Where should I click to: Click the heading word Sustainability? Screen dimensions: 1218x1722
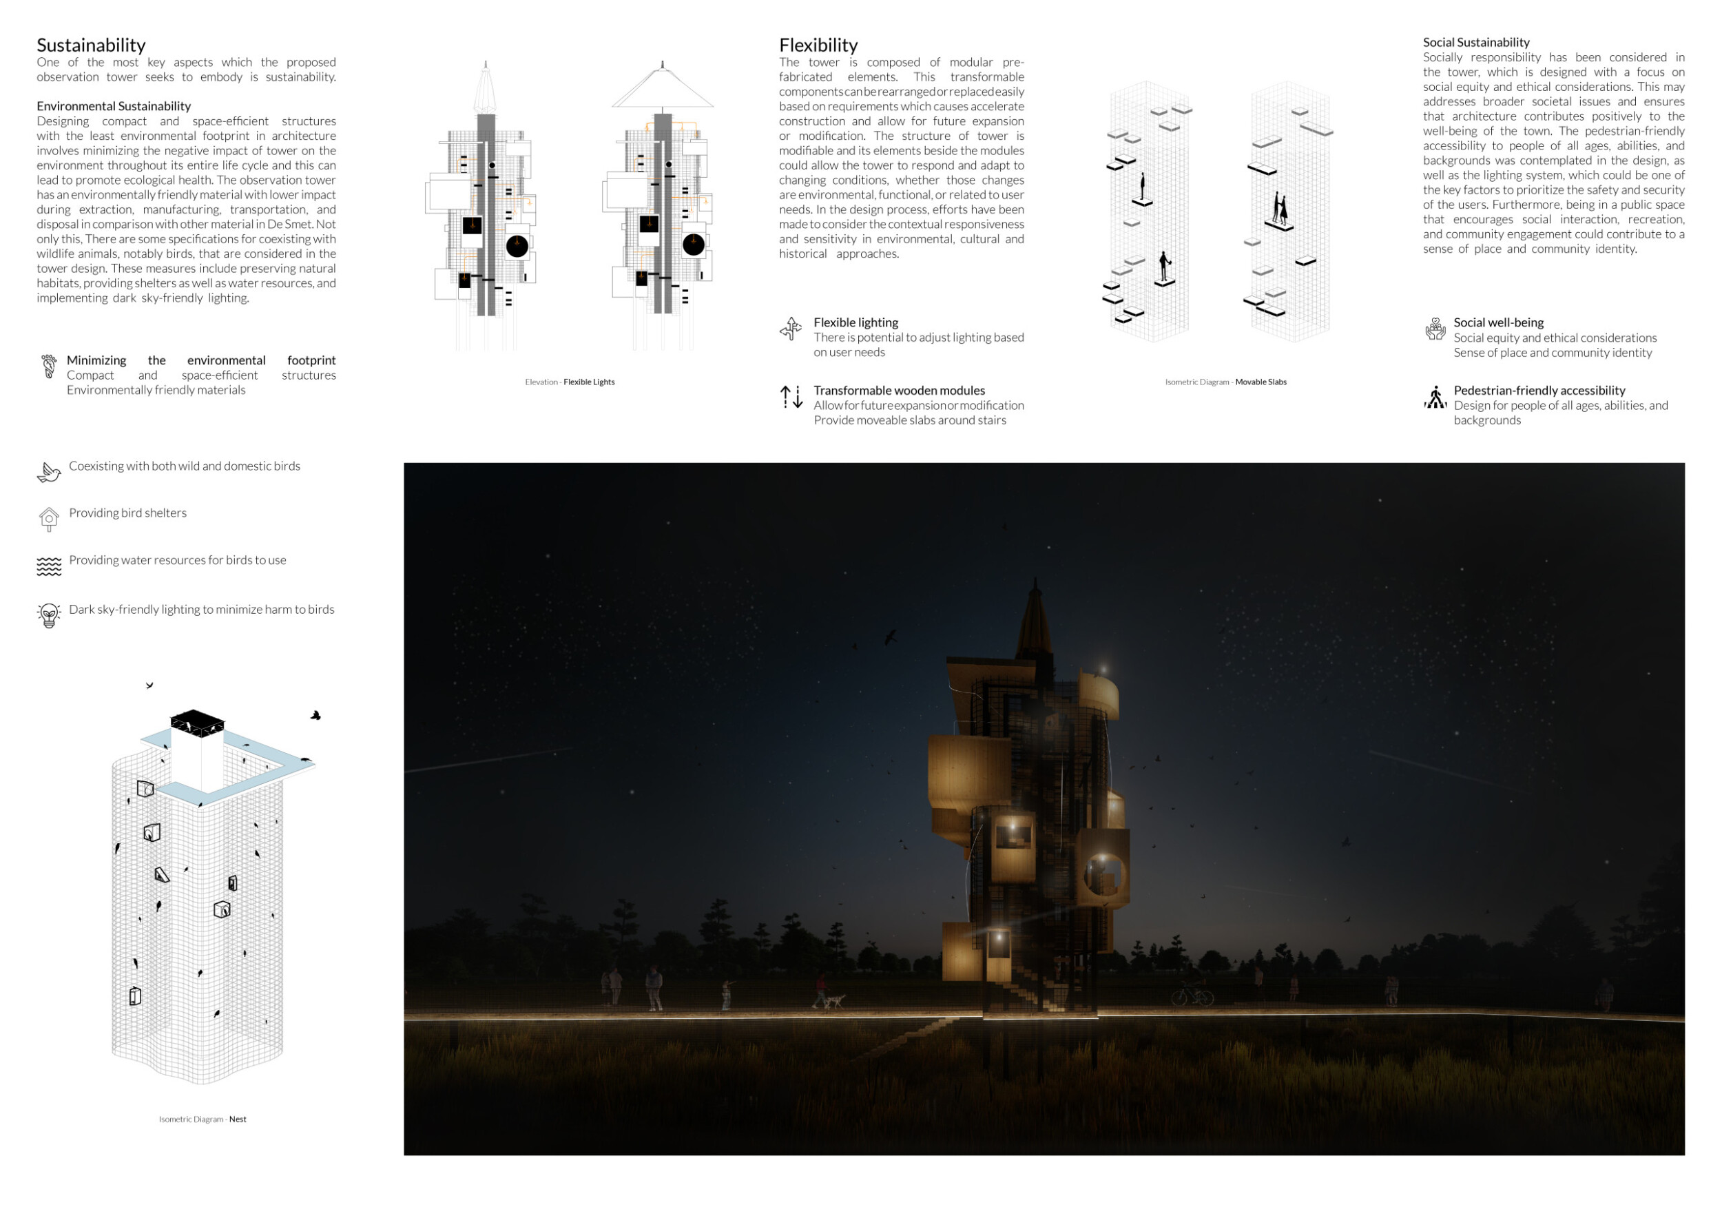click(91, 45)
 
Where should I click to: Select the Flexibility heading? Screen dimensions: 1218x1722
click(818, 45)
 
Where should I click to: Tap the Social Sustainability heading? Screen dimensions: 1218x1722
click(1476, 43)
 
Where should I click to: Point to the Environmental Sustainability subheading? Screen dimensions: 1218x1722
click(114, 107)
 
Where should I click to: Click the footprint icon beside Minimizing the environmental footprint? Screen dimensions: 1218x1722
click(49, 367)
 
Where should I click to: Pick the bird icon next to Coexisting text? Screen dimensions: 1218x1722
click(49, 473)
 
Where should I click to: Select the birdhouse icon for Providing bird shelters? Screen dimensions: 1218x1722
click(49, 519)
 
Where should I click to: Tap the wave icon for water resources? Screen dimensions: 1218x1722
click(49, 567)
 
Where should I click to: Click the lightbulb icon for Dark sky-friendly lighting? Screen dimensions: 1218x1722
click(49, 615)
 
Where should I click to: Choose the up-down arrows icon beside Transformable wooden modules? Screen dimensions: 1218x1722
click(791, 397)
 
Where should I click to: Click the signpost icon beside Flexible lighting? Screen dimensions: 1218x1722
click(791, 329)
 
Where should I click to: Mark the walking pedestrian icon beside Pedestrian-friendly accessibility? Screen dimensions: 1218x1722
click(1435, 398)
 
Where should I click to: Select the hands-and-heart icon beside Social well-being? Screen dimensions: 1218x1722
click(1435, 329)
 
